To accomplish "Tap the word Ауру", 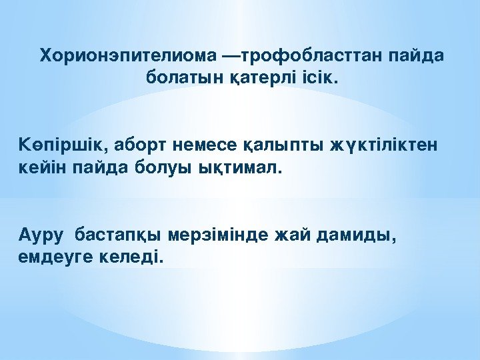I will [41, 235].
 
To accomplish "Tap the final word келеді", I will [133, 257].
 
